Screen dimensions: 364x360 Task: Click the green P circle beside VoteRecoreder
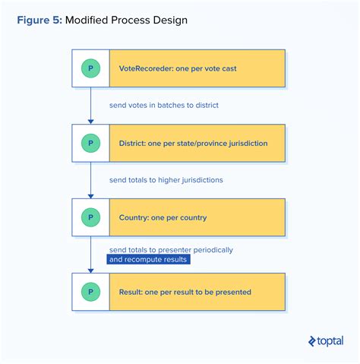click(x=91, y=68)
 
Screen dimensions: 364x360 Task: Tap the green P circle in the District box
click(x=91, y=143)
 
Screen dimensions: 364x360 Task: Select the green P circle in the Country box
click(x=91, y=217)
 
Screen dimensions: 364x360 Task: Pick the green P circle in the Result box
click(x=91, y=292)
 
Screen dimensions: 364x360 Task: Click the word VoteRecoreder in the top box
click(x=146, y=68)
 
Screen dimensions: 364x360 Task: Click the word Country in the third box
click(x=133, y=217)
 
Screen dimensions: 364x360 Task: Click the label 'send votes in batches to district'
click(x=164, y=105)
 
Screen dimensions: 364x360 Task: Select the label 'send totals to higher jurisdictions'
click(x=166, y=180)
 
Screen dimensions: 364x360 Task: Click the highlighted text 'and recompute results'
click(x=148, y=260)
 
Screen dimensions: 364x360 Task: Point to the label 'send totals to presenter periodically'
click(x=171, y=249)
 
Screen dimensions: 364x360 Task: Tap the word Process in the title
click(x=131, y=20)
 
